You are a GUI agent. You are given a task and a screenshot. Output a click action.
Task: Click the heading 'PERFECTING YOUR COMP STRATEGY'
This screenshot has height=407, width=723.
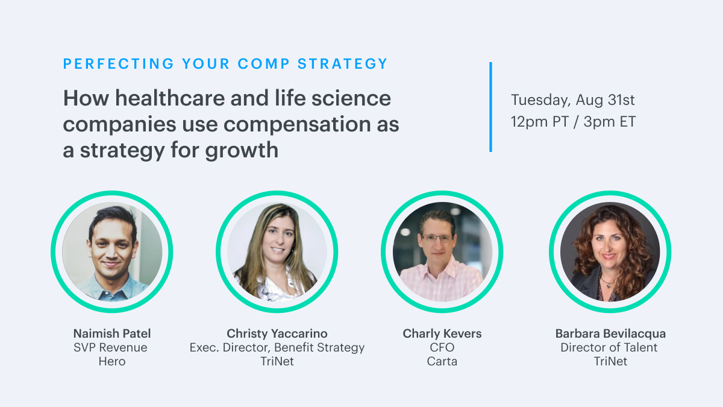pos(225,64)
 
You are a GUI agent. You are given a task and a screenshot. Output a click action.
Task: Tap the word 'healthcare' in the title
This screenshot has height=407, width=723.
pos(170,98)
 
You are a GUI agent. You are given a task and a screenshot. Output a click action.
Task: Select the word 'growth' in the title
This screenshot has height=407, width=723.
pos(242,151)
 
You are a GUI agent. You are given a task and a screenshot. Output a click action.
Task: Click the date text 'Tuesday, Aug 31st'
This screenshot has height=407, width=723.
pos(572,100)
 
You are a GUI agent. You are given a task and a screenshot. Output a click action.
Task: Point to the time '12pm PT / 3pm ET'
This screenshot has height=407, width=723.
pos(573,122)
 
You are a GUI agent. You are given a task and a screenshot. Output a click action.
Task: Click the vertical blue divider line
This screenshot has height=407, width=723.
pos(490,107)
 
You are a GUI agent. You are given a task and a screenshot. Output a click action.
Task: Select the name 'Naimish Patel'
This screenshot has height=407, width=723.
pos(112,333)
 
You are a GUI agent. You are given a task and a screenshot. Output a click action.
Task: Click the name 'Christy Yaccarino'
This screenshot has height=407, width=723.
pos(277,333)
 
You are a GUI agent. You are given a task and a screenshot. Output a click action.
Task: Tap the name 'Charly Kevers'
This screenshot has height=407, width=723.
pos(442,333)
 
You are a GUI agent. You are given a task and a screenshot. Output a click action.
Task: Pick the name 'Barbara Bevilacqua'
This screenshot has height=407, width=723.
pos(610,333)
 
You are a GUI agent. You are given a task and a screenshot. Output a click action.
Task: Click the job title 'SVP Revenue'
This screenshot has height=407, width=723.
pos(110,347)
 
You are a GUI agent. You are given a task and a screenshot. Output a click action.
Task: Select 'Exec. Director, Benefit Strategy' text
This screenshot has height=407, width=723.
pos(277,348)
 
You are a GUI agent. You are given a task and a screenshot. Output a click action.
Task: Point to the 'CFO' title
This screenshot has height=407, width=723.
pos(442,347)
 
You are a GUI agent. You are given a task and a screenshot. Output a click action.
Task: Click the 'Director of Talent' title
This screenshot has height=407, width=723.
pos(609,347)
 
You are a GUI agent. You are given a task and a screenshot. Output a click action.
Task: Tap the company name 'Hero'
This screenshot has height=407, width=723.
pos(112,361)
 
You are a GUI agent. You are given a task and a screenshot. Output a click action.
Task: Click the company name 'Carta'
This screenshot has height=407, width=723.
pos(442,361)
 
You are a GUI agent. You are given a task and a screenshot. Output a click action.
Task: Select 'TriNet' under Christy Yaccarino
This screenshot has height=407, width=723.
pos(277,361)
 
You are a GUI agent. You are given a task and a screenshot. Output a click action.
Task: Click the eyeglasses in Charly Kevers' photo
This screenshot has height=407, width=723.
pos(438,239)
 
